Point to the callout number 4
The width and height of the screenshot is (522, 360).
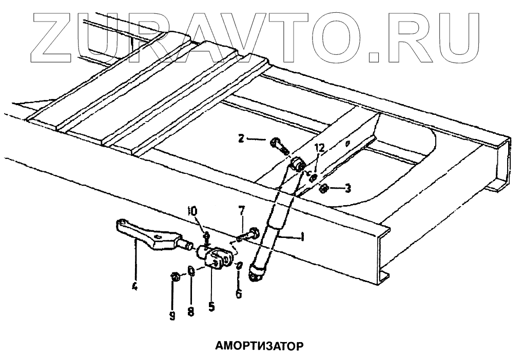(134, 287)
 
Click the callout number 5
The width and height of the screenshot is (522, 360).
(211, 307)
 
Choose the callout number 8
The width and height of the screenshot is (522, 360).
(190, 311)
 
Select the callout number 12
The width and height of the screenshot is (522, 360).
(319, 148)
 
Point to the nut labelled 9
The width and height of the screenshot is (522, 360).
(174, 277)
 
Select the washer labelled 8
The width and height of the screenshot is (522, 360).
(190, 271)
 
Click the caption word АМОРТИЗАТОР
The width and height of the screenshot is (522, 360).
(259, 345)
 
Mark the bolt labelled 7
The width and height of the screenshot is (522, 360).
(252, 234)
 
